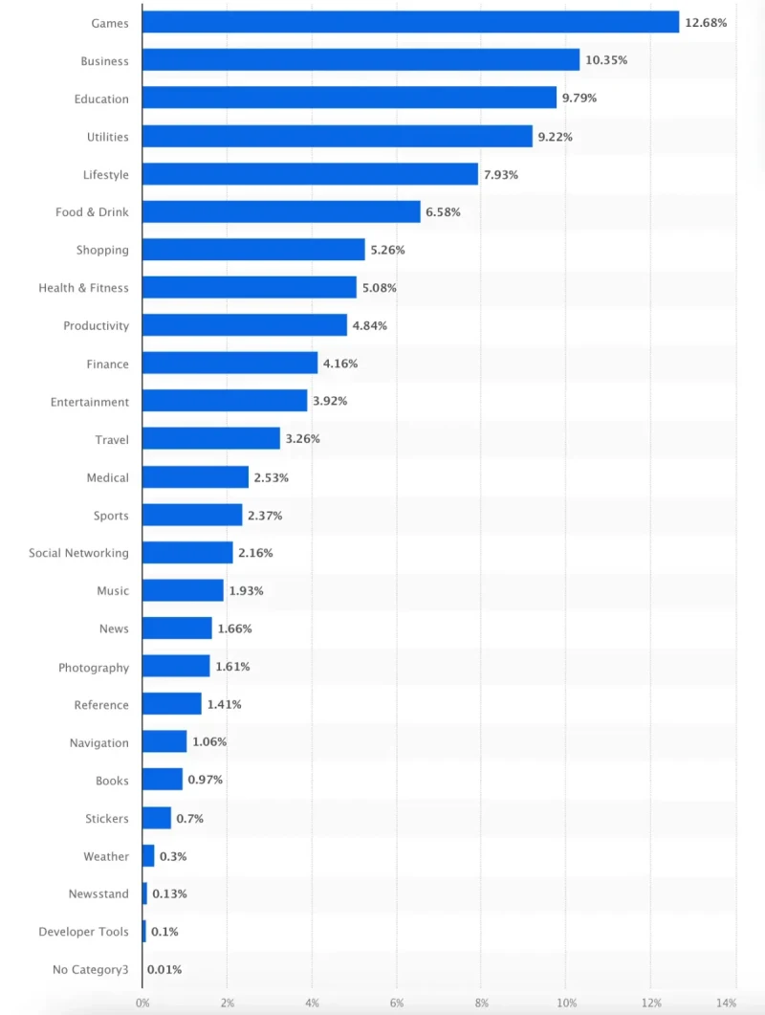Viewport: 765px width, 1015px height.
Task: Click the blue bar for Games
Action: coord(410,22)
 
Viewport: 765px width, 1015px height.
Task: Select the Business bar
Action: coord(361,60)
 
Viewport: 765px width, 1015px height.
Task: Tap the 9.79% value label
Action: coord(579,99)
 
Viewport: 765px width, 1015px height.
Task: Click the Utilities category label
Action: coord(107,137)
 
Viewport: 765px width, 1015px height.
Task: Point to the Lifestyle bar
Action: coord(310,174)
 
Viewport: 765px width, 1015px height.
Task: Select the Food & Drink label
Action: coord(92,212)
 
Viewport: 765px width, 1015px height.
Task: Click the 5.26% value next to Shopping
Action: coord(387,250)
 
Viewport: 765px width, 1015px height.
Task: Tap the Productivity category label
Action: coord(96,325)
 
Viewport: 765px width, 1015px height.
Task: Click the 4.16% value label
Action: coord(340,364)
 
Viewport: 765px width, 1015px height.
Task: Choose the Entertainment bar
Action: coord(225,401)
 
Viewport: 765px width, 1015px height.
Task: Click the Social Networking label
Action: coord(78,553)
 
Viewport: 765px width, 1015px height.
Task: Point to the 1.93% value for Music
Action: coord(246,591)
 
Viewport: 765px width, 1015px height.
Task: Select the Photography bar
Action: coord(176,667)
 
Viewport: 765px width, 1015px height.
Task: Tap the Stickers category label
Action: coord(106,819)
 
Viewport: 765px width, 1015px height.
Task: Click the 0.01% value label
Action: coord(164,970)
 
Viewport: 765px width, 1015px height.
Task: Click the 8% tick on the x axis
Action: coord(481,1003)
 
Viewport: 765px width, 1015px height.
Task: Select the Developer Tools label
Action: coord(83,932)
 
